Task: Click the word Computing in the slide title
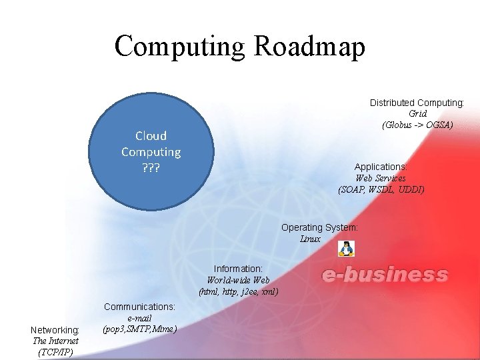(x=179, y=47)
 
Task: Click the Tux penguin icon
(x=346, y=249)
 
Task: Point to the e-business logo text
(x=385, y=275)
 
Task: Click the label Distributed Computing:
(x=417, y=103)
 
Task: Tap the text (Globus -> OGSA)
(x=418, y=125)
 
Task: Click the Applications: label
(x=381, y=167)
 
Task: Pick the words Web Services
(x=381, y=178)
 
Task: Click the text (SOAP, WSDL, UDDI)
(x=381, y=189)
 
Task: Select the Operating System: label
(x=319, y=227)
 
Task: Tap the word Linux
(x=311, y=239)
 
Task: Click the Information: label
(x=238, y=269)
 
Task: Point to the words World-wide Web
(x=238, y=280)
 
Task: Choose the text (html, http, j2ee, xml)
(x=238, y=291)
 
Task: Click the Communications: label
(x=139, y=307)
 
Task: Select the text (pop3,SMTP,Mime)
(x=140, y=329)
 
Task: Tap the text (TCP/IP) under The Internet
(x=56, y=351)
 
